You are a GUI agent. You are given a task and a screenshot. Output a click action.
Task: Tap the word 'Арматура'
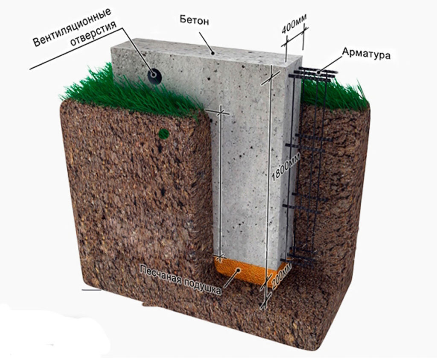366,53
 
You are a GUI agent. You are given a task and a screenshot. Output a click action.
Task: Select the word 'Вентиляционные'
72,27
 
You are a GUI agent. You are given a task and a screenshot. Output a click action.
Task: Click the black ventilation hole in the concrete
154,76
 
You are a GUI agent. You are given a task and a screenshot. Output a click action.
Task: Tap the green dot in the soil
164,134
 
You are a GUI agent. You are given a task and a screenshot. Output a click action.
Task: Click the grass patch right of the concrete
337,96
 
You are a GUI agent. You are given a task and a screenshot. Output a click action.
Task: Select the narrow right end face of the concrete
294,162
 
